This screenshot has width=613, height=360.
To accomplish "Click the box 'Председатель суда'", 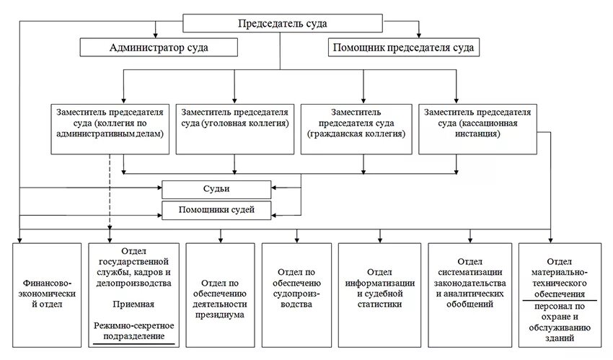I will click(x=282, y=24).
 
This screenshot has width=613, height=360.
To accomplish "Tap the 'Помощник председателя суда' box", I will click(x=402, y=48).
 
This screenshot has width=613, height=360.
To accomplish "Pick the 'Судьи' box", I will click(x=217, y=190).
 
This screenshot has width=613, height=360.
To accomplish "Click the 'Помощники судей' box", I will click(x=217, y=210).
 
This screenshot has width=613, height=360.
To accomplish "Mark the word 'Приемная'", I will click(x=133, y=305).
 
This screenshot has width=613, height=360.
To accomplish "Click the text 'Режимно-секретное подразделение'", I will click(x=133, y=331).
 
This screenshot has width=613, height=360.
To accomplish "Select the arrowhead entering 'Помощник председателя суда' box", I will click(x=418, y=35).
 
